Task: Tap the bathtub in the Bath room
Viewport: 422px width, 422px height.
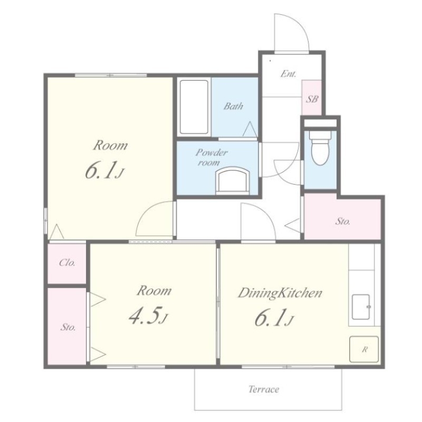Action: coord(194,107)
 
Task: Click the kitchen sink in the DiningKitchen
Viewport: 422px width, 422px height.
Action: coord(361,306)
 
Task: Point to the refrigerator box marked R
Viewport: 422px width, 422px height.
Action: coord(364,349)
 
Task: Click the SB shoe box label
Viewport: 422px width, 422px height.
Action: coord(312,99)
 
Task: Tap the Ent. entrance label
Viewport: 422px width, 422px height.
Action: coord(288,73)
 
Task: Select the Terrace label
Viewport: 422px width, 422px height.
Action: coord(263,389)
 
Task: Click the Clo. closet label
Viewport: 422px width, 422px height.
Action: coord(67,262)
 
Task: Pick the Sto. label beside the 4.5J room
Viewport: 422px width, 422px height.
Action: coord(68,327)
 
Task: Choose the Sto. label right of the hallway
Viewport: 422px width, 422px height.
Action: coord(342,221)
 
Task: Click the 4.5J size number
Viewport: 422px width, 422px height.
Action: coord(148,315)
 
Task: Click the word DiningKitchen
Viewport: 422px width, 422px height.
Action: coord(280,293)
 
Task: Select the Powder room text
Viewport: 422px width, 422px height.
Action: coord(212,157)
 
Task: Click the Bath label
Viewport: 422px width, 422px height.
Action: coord(233,106)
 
